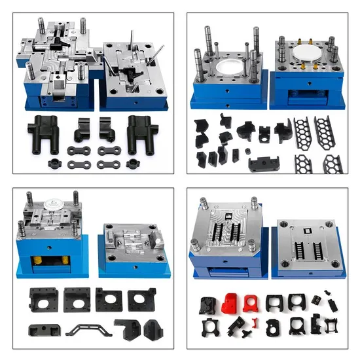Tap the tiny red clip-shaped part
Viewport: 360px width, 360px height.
click(257, 322)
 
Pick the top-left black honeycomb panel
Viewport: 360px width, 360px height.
click(302, 133)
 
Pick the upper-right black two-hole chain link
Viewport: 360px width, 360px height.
click(109, 151)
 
